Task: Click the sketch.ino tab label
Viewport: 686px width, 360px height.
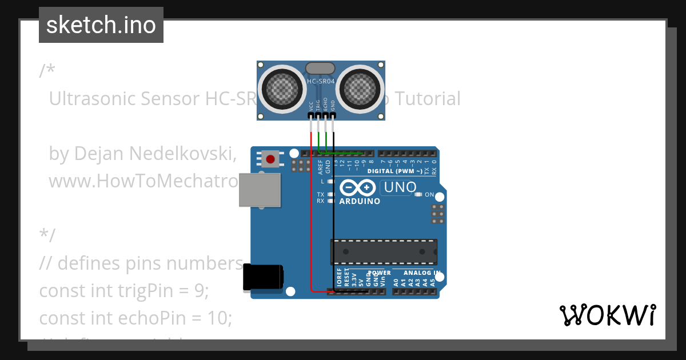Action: (101, 25)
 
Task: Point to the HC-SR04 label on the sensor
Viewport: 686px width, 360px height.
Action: (321, 81)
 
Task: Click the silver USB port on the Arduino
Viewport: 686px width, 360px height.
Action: (260, 190)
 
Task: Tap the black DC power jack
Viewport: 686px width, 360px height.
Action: (262, 278)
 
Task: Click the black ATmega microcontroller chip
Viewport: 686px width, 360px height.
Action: (384, 252)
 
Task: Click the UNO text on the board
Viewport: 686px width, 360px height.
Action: (400, 187)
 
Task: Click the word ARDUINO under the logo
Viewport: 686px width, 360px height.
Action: (360, 201)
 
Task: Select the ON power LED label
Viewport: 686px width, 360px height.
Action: (429, 195)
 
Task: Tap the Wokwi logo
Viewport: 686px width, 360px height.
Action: (607, 315)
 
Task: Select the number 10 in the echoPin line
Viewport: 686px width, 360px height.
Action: (220, 318)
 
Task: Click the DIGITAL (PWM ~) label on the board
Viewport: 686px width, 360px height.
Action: (394, 171)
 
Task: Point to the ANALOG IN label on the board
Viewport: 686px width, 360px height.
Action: (421, 273)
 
